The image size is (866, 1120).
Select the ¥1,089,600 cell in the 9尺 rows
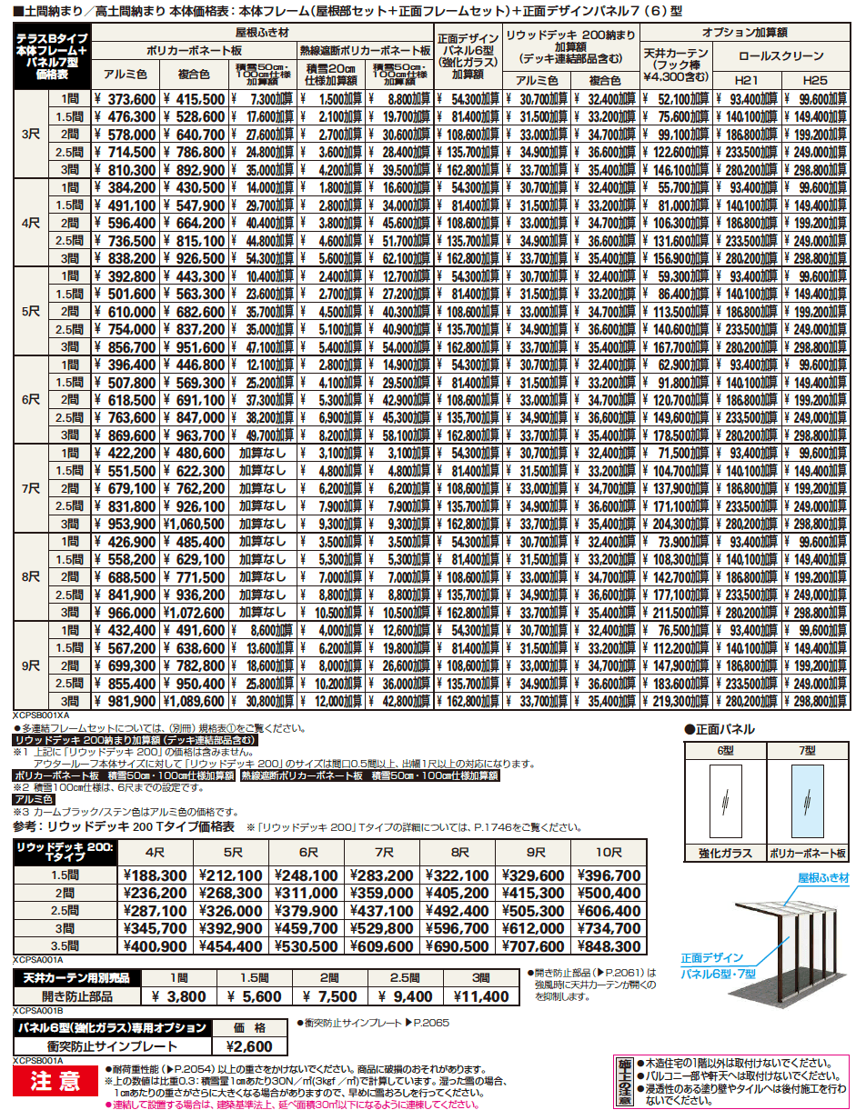[x=194, y=701]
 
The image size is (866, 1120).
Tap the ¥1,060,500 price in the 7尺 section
[x=194, y=524]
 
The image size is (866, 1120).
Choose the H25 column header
[x=816, y=81]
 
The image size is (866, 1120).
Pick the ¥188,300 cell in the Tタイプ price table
[x=155, y=875]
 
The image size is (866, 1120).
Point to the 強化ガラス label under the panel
[x=724, y=855]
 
